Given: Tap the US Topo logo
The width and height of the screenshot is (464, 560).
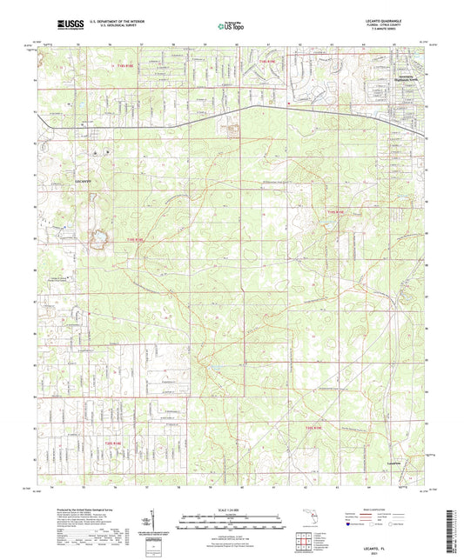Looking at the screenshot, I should [x=230, y=26].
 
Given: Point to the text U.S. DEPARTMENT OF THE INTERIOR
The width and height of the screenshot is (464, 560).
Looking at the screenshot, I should [x=112, y=22].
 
